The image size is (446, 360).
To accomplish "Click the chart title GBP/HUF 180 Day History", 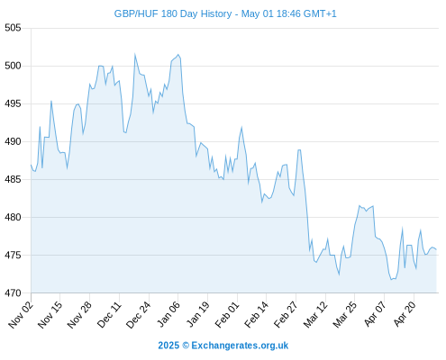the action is (173, 13).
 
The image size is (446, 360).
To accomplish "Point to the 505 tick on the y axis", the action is (13, 28).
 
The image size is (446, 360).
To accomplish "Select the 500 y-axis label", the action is (13, 66).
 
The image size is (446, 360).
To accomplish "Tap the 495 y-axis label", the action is (13, 103).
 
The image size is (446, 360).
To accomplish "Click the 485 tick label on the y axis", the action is (13, 179).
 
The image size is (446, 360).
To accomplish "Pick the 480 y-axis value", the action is (13, 217).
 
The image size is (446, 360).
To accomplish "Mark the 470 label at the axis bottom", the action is (13, 292).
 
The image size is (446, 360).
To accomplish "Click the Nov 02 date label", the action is (21, 315).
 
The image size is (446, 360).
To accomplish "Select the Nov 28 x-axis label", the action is (79, 315).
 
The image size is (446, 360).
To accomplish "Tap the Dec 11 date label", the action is (109, 315).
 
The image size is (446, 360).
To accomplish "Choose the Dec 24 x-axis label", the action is (139, 315).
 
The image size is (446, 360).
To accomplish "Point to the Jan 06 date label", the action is (168, 315).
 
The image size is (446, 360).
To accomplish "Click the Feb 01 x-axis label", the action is (227, 315).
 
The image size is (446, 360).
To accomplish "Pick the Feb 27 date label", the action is (286, 315).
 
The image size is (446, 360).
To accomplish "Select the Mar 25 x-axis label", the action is (345, 315).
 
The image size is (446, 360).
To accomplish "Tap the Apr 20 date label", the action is (405, 315).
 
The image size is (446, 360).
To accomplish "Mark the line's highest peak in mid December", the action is (135, 54).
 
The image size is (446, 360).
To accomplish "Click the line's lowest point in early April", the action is (391, 280).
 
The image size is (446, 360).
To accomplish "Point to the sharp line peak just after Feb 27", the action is (299, 149).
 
